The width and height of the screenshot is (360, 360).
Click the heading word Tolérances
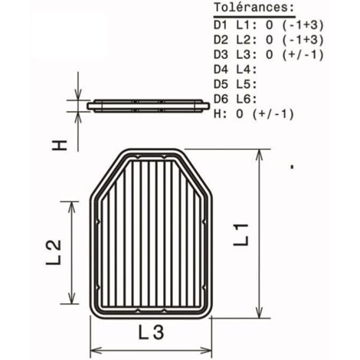point(254,8)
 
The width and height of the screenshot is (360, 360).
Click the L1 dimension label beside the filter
point(241,235)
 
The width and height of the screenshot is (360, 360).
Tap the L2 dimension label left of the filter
point(54,253)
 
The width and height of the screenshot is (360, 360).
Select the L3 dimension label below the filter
point(151,332)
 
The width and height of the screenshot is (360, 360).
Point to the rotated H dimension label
point(60,145)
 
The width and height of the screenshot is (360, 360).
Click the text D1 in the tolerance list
point(221,25)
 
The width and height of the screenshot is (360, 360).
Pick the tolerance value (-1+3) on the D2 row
point(303,40)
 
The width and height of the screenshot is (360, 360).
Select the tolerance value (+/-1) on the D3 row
point(303,54)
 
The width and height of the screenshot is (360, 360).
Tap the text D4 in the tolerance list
point(221,70)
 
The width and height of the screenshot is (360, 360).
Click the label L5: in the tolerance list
point(247,84)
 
